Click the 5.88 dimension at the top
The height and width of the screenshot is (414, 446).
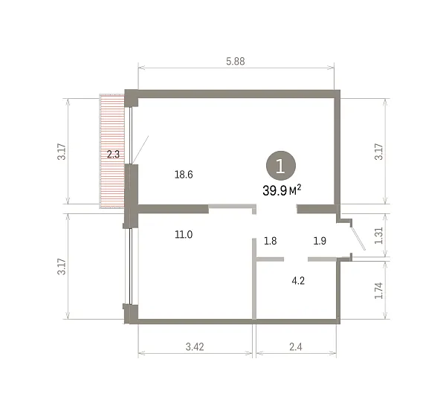(235, 61)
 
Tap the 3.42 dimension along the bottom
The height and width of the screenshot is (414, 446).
(195, 346)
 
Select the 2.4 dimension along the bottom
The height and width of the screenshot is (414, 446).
(296, 346)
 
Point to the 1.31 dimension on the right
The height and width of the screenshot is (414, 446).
(378, 236)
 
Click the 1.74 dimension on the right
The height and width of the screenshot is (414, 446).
(378, 291)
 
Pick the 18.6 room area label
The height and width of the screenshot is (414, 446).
(184, 175)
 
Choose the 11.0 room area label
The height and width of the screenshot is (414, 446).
(184, 234)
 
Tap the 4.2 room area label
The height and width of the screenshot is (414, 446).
(298, 281)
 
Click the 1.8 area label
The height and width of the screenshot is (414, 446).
(270, 241)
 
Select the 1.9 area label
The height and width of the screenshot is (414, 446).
(320, 241)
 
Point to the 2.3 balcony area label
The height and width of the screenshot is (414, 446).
(113, 155)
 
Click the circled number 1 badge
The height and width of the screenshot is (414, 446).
(281, 166)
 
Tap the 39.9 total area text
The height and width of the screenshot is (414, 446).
(274, 190)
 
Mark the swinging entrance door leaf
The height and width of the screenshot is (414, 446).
(358, 239)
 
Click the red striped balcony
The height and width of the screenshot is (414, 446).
(112, 152)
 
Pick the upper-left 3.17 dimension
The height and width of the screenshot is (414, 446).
(62, 152)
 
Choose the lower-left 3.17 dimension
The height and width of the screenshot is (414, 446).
(62, 266)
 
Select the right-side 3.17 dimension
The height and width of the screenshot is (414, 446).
(378, 152)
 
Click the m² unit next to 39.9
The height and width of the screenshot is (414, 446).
(295, 190)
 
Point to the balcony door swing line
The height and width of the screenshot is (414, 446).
(140, 149)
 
